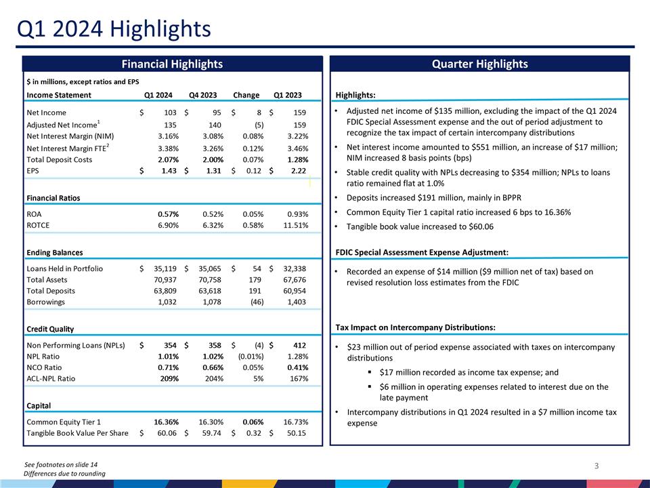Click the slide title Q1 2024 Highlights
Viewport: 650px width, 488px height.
114,29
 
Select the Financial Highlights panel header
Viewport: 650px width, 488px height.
172,64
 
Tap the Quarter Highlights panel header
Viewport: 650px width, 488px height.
480,64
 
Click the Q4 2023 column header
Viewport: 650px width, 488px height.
203,95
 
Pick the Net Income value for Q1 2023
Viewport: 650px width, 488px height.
295,112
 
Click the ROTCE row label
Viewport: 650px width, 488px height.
38,224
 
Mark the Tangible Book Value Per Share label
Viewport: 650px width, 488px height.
77,432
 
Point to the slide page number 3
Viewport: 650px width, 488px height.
597,466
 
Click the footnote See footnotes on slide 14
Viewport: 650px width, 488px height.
65,464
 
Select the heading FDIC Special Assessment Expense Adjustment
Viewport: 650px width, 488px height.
422,253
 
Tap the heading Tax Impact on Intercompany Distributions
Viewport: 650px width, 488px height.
415,328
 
